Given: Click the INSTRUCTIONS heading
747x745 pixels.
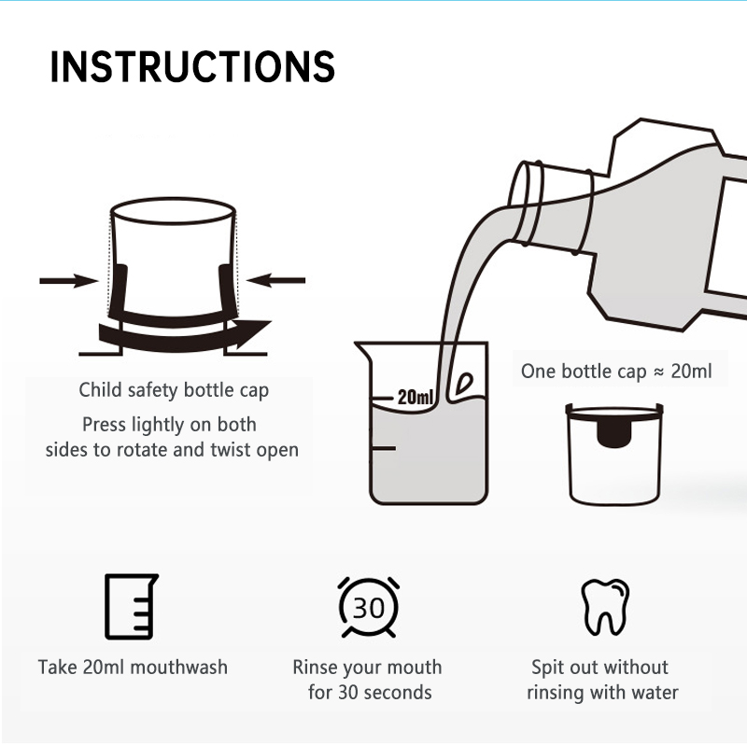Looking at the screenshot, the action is click(192, 66).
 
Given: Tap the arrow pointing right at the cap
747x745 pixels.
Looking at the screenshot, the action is click(68, 281).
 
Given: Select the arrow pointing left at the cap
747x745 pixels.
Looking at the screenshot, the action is click(275, 280).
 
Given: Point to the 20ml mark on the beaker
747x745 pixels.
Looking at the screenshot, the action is click(416, 397).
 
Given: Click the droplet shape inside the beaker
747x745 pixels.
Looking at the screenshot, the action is click(464, 383).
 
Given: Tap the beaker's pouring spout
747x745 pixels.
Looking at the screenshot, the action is click(362, 350).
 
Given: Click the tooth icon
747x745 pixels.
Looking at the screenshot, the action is click(605, 607).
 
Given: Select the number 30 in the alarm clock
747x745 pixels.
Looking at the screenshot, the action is click(368, 609).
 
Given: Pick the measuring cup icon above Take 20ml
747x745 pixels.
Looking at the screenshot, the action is click(131, 607).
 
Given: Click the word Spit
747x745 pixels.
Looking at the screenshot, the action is click(547, 668).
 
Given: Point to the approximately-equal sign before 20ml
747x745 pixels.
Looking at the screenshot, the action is click(659, 372).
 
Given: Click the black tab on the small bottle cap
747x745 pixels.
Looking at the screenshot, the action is click(614, 433).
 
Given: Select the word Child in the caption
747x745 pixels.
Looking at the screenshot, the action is click(94, 389).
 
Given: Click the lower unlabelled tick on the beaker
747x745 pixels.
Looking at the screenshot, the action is click(384, 448).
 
